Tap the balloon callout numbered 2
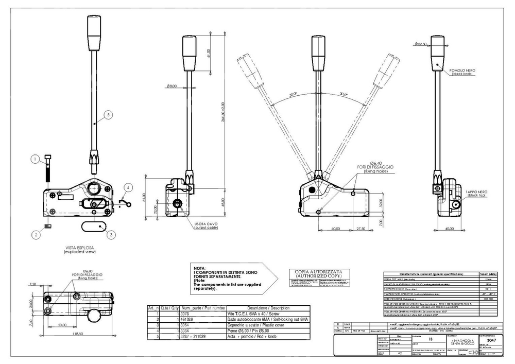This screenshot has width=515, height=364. pyautogui.click(x=36, y=235)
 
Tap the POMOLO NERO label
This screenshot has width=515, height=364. pyautogui.click(x=464, y=70)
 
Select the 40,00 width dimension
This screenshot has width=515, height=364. pyautogui.click(x=449, y=229)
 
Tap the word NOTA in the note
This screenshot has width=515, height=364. pyautogui.click(x=199, y=269)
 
